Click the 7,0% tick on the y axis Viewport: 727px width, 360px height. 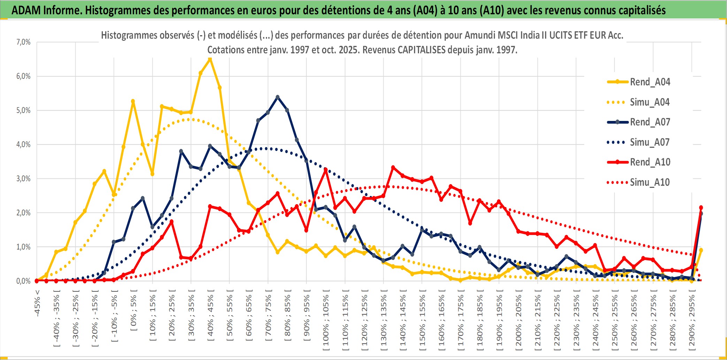point(23,42)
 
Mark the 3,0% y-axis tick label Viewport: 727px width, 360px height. point(23,179)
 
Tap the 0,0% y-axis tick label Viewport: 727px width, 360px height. point(23,281)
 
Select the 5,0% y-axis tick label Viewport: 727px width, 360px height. point(23,110)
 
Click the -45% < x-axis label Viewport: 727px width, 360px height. point(37,303)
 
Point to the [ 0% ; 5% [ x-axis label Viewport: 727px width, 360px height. point(133,313)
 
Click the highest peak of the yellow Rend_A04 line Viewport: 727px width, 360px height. point(210,59)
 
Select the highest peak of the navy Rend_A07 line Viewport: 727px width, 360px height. point(277,97)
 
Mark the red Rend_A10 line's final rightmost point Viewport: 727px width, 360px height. point(701,208)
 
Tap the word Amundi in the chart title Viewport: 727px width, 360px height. point(480,35)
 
